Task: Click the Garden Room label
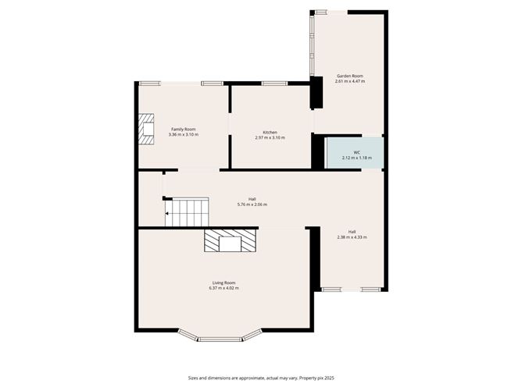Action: [349, 76]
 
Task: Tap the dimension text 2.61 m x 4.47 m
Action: [349, 81]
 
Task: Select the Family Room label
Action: [183, 129]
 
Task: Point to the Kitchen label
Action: [270, 132]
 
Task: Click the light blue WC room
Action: [356, 151]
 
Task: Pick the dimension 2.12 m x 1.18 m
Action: [356, 158]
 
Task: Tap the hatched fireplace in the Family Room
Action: [145, 130]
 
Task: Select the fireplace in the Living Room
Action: [231, 241]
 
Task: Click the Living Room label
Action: [223, 283]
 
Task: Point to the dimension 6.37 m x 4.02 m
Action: [223, 288]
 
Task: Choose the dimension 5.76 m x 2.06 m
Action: [252, 204]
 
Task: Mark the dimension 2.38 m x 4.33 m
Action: [352, 237]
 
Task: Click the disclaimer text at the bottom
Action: [261, 378]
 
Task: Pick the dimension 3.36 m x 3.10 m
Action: [183, 134]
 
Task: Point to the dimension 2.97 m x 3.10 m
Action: [270, 137]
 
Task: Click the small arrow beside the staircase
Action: [168, 211]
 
